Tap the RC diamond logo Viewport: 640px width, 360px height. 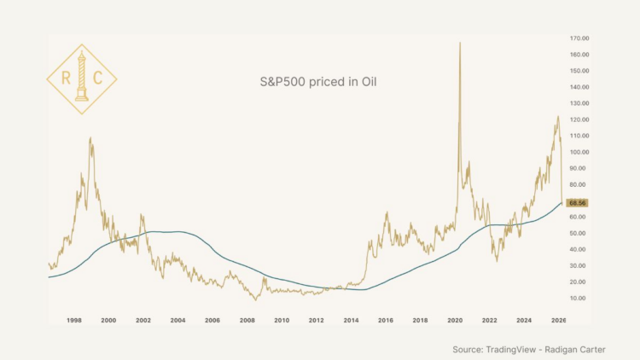pyautogui.click(x=81, y=79)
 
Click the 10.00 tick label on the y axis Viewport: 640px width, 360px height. pyautogui.click(x=579, y=298)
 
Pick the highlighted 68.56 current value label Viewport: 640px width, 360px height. pyautogui.click(x=578, y=203)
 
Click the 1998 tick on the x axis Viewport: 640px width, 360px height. pyautogui.click(x=74, y=320)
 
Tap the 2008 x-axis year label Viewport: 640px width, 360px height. pyautogui.click(x=247, y=320)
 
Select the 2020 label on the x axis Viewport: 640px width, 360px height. pyautogui.click(x=455, y=320)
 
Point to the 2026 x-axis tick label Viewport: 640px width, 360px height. pyautogui.click(x=559, y=320)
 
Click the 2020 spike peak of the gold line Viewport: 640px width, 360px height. pyautogui.click(x=460, y=43)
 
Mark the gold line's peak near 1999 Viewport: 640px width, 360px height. pyautogui.click(x=90, y=138)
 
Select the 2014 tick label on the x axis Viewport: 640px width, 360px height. pyautogui.click(x=351, y=320)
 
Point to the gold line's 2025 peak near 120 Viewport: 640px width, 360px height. pyautogui.click(x=557, y=117)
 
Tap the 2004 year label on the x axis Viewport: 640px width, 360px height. pyautogui.click(x=177, y=320)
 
